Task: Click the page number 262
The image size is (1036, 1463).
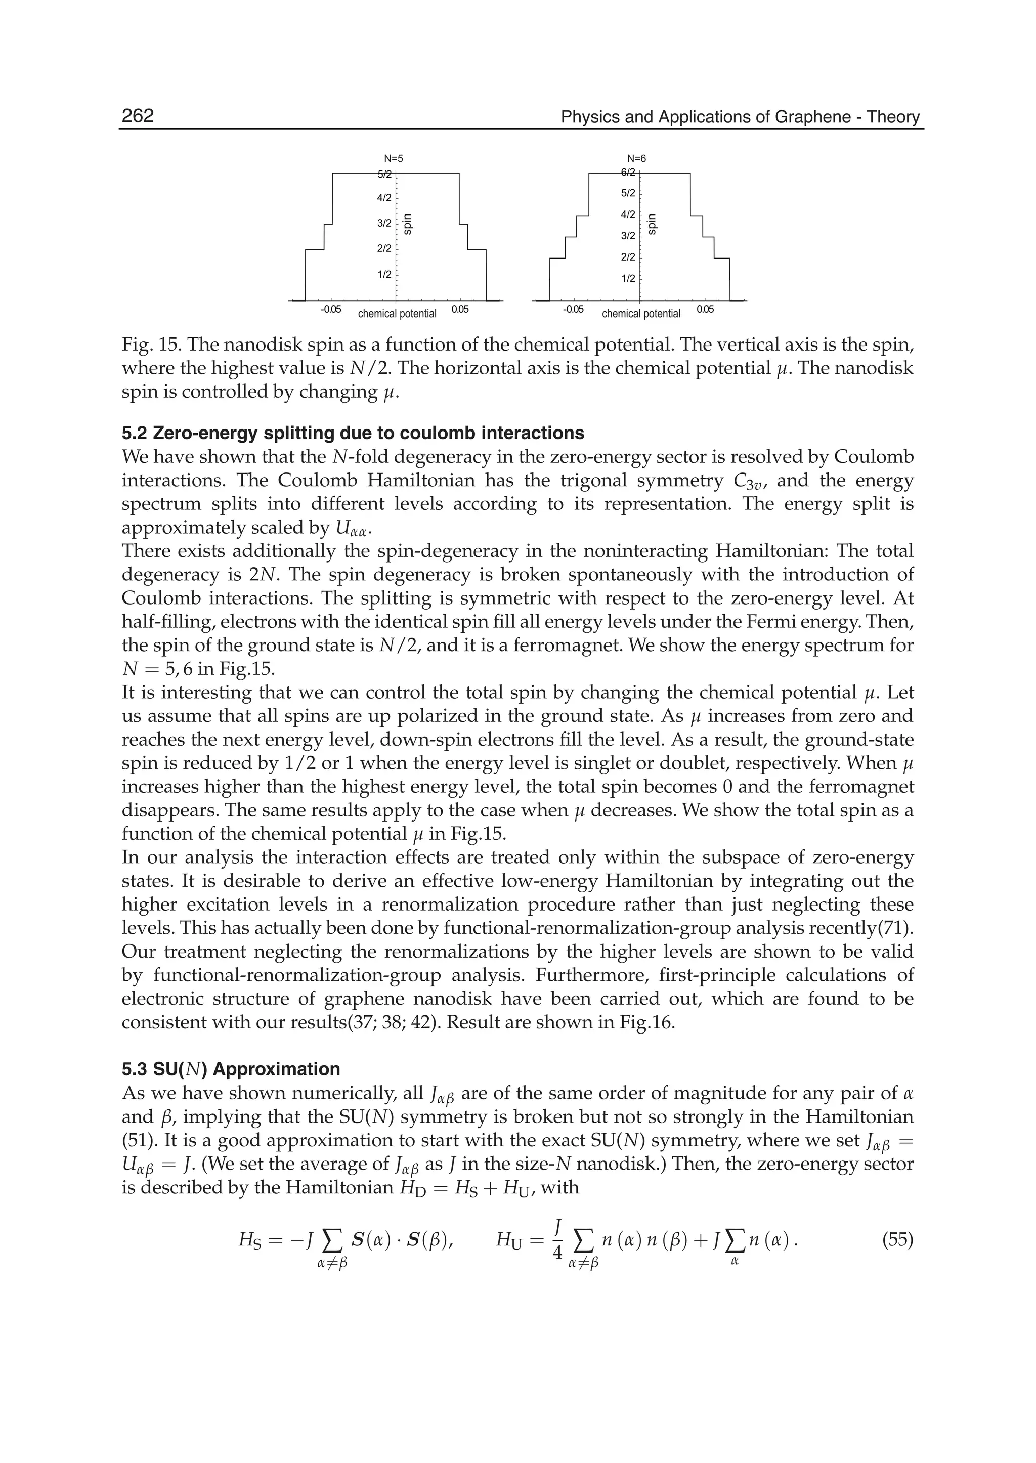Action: point(138,116)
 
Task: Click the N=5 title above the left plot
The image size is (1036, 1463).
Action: point(393,158)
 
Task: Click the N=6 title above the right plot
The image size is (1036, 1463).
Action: point(637,158)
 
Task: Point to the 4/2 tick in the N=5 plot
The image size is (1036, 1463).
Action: point(383,198)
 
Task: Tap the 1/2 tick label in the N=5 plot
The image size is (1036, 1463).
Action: point(383,274)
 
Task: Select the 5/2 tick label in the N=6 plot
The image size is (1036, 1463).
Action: point(628,193)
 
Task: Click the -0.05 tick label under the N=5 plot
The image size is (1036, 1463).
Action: point(330,310)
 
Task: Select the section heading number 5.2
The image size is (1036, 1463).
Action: point(134,433)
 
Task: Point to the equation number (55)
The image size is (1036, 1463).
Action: point(897,1240)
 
